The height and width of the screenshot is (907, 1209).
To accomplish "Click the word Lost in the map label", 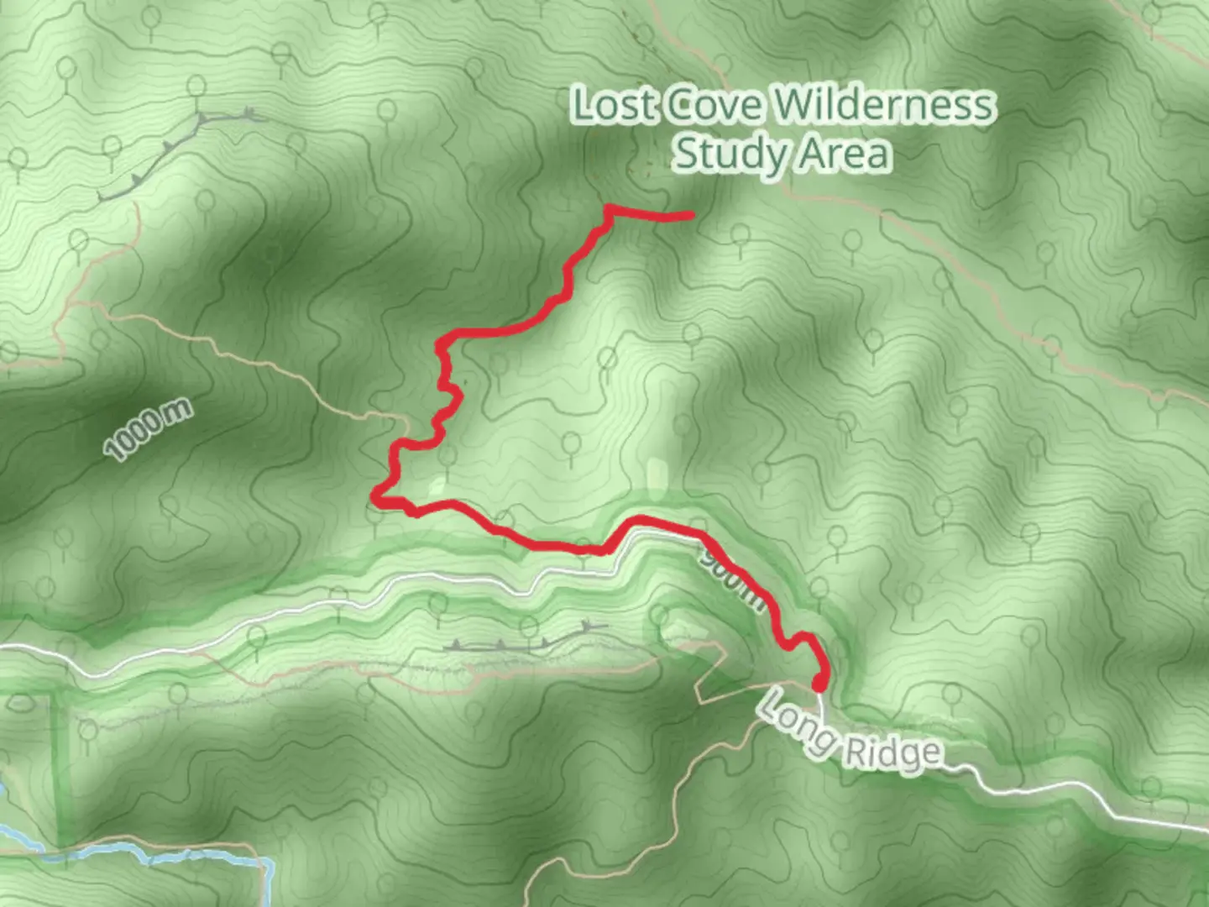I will click(x=613, y=106).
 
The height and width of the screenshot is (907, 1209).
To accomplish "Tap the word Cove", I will click(x=715, y=106).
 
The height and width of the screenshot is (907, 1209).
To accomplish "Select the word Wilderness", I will click(x=883, y=106).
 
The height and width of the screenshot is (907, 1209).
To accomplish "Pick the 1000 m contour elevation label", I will click(x=148, y=430).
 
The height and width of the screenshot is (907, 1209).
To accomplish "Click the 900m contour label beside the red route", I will click(x=735, y=579).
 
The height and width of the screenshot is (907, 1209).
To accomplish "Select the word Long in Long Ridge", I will click(x=795, y=721).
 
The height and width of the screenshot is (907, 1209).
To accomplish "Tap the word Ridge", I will click(x=892, y=752).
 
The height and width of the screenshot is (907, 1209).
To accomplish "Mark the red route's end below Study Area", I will click(x=690, y=216).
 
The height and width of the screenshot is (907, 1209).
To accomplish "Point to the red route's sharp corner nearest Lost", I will click(x=607, y=207).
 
